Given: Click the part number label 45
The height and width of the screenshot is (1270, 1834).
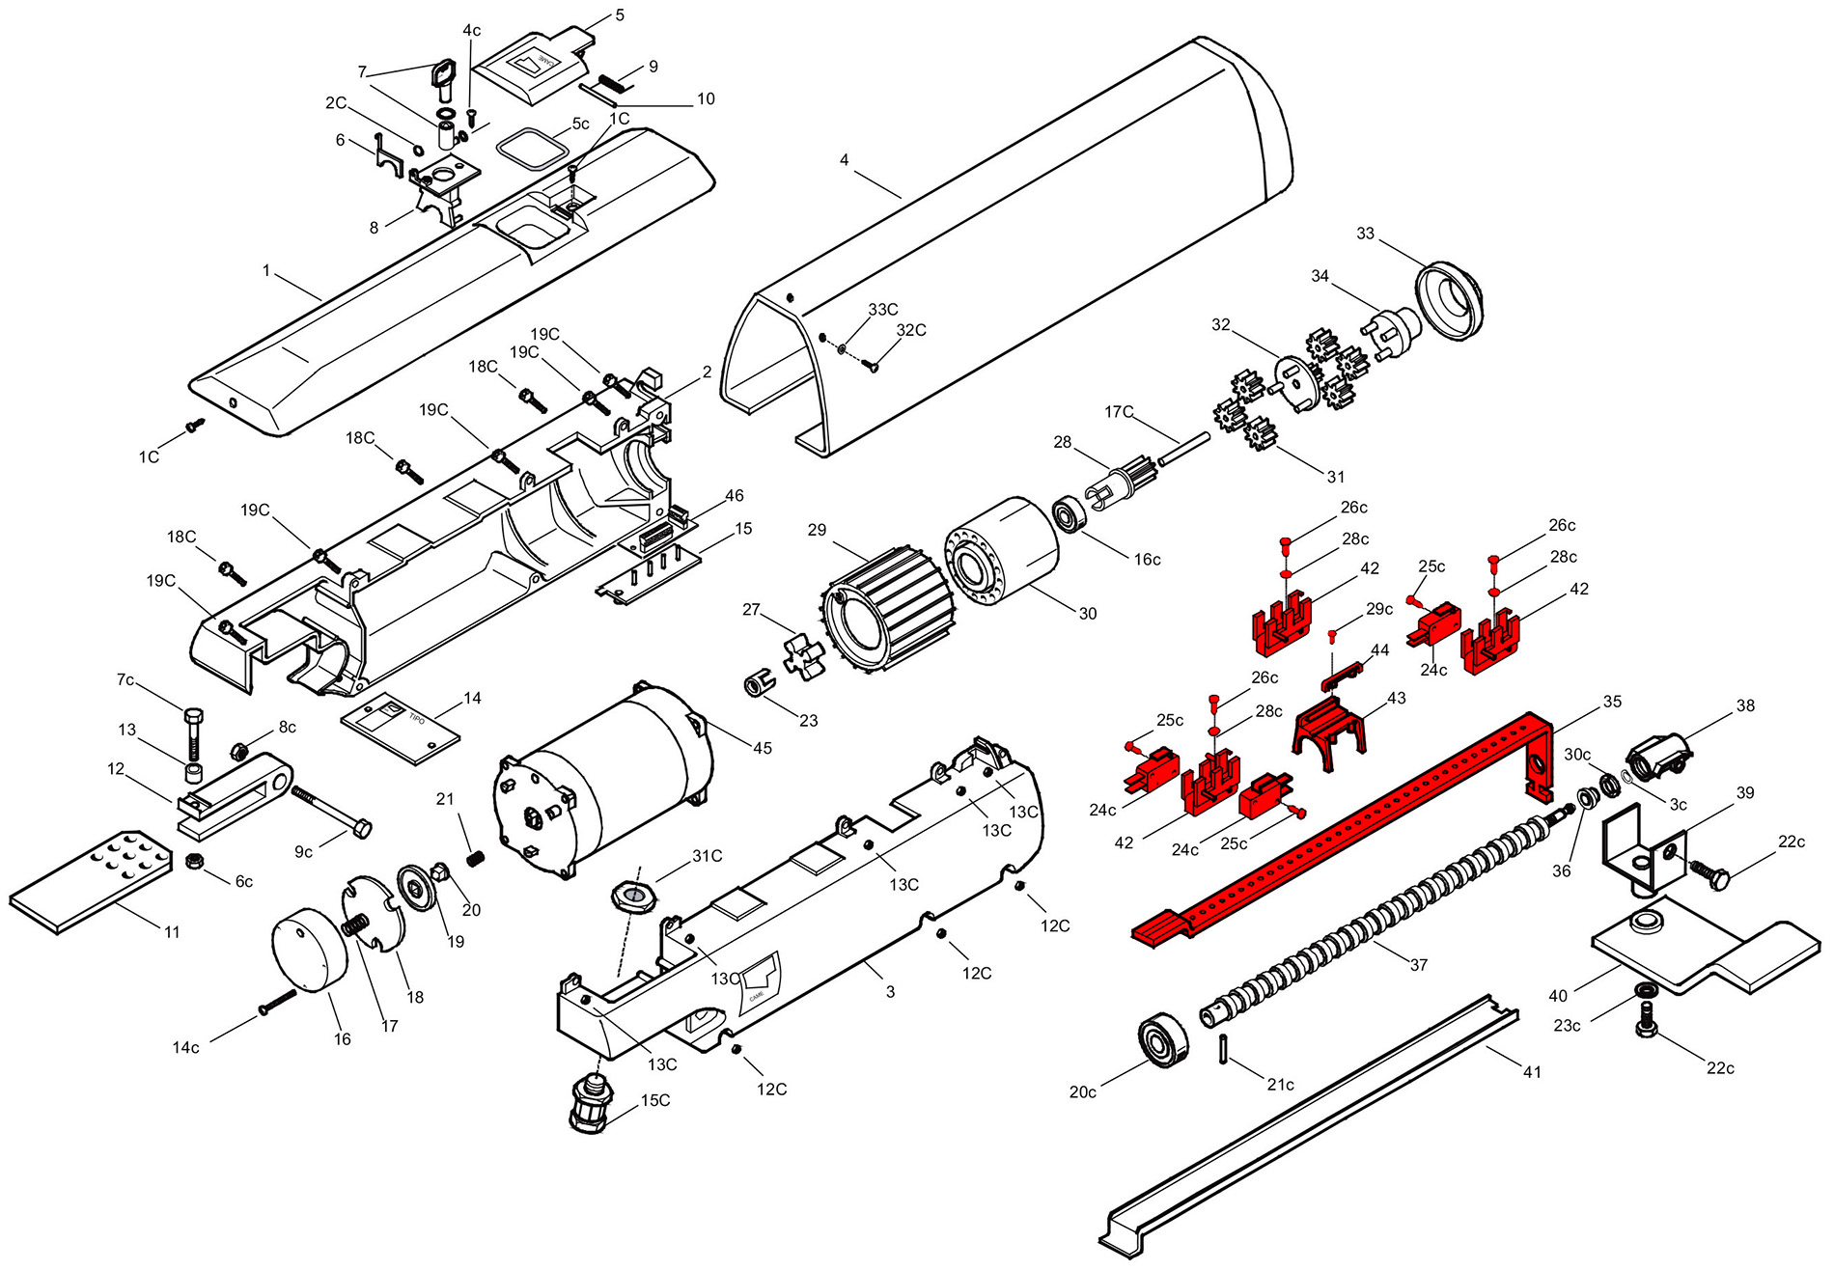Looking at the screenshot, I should (x=763, y=748).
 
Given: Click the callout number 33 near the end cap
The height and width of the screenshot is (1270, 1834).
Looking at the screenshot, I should (x=1365, y=234).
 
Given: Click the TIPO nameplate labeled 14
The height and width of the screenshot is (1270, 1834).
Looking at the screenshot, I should (x=401, y=729).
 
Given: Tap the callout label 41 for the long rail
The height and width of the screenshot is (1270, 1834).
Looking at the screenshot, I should (x=1532, y=1072).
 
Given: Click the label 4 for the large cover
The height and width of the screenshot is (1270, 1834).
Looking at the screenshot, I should (x=845, y=159).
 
